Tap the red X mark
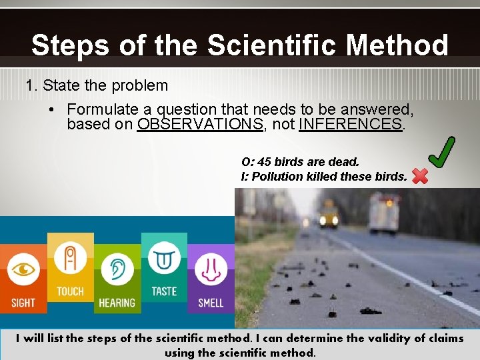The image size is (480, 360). pyautogui.click(x=420, y=176)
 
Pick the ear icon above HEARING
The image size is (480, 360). pyautogui.click(x=117, y=270)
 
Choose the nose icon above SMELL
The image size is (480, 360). pyautogui.click(x=211, y=270)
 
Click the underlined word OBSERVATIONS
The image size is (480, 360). pyautogui.click(x=200, y=125)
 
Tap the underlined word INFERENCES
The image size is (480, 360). pyautogui.click(x=351, y=125)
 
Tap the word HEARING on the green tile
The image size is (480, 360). pyautogui.click(x=117, y=303)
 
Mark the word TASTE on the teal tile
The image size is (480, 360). pyautogui.click(x=164, y=291)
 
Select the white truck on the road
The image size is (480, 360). pyautogui.click(x=384, y=215)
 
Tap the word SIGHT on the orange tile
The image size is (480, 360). pyautogui.click(x=23, y=303)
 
